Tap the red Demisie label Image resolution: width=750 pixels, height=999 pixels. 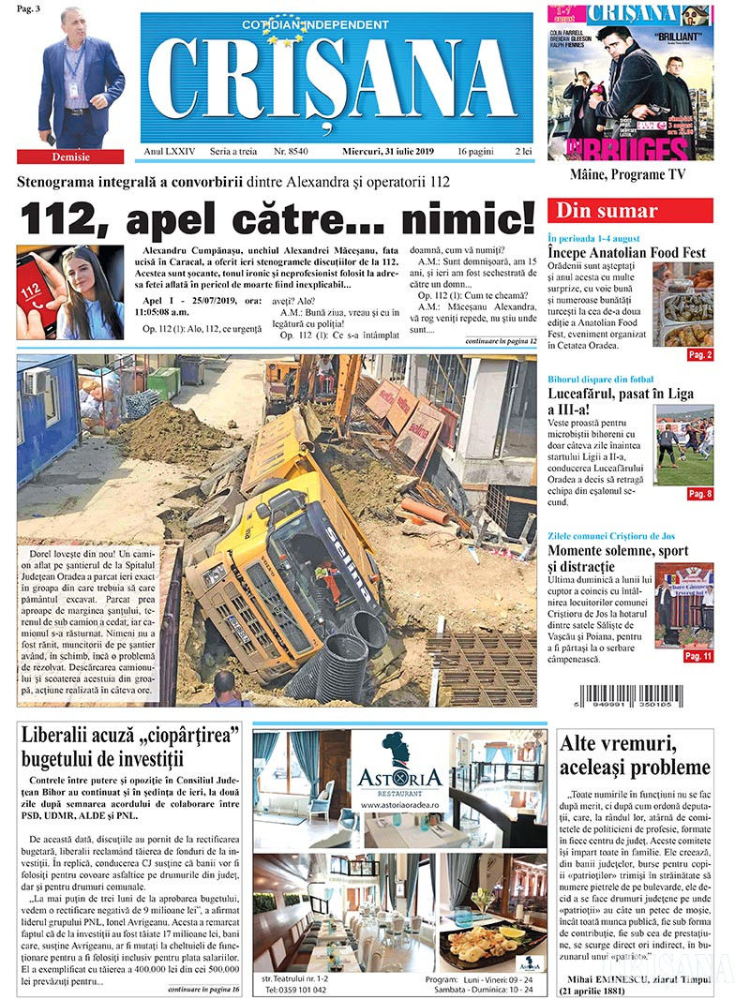coord(69,157)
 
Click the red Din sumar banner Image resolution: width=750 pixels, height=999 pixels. coord(629,211)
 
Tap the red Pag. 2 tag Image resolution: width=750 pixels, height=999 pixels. coord(699,355)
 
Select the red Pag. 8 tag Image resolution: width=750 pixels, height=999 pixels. coord(699,494)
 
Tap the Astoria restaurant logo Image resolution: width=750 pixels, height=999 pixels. coord(398,768)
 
